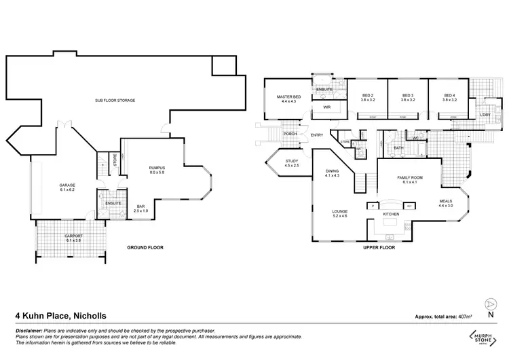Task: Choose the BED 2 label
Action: [x=368, y=97]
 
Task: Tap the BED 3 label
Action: [x=407, y=97]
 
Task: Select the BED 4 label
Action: [x=449, y=97]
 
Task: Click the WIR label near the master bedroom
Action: [x=326, y=107]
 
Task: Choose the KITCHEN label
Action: [x=390, y=215]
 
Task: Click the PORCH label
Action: [x=290, y=134]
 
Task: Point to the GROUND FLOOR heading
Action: [x=145, y=247]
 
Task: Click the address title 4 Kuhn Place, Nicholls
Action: [x=60, y=315]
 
